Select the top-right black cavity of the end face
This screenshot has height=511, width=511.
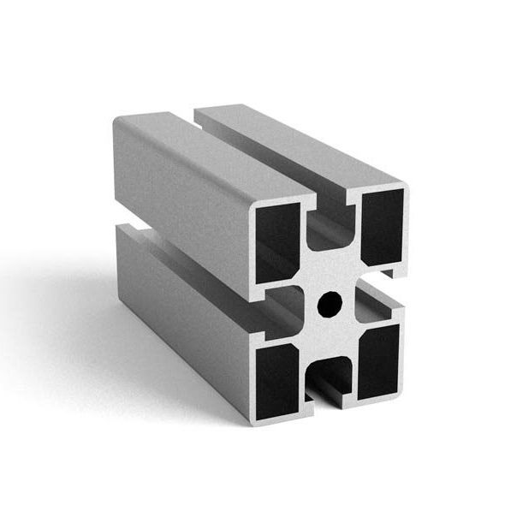tap(382, 226)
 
